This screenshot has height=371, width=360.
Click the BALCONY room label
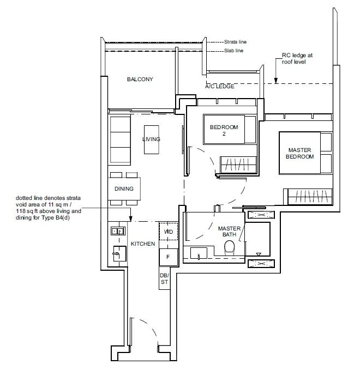pyautogui.click(x=140, y=80)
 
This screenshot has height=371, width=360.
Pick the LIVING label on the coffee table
pyautogui.click(x=151, y=139)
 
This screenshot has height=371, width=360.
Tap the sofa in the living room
pyautogui.click(x=120, y=140)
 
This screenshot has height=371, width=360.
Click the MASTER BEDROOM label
pyautogui.click(x=301, y=153)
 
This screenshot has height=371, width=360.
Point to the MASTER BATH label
pyautogui.click(x=229, y=232)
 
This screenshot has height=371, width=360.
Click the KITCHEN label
pyautogui.click(x=140, y=245)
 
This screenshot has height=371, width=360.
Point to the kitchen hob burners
pyautogui.click(x=116, y=232)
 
